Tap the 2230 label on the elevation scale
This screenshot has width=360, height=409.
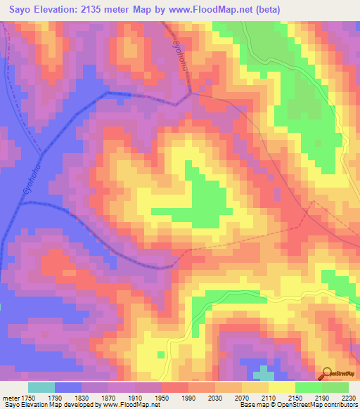[x=348, y=397]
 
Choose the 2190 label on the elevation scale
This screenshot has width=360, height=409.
[x=323, y=397]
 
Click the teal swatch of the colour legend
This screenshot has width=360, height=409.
[x=41, y=387]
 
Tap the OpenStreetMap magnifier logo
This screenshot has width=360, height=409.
[x=326, y=372]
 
